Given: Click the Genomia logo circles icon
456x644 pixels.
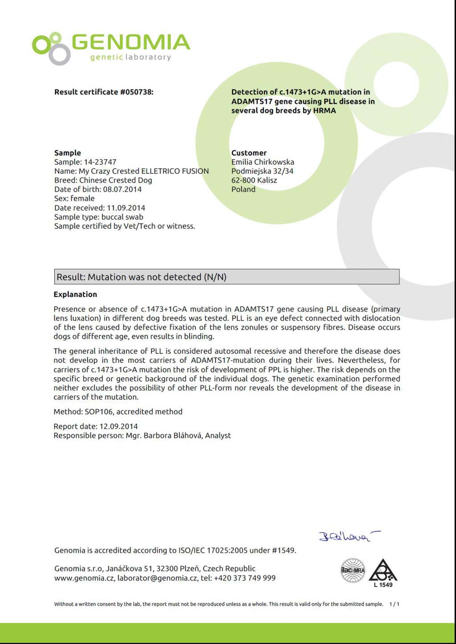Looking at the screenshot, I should pos(51,48).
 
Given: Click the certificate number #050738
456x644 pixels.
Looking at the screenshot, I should pos(136,92).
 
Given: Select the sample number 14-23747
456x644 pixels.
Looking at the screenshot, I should pos(100,162).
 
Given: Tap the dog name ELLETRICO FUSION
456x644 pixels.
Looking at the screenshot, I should pos(175,171).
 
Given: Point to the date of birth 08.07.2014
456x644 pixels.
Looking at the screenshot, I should pos(122,189).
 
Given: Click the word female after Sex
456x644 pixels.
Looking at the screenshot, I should pos(83,198).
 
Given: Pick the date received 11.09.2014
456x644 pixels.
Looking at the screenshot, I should pos(126,208).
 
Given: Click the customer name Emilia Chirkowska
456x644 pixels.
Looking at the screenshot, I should pos(262,162).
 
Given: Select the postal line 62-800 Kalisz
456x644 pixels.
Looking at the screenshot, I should pos(254,180).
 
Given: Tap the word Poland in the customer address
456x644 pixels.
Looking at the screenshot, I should pos(243,189).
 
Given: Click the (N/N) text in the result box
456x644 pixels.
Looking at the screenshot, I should pos(215,277).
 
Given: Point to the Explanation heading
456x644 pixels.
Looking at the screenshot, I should pos(75,294).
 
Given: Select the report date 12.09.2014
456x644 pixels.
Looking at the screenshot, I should pos(118,426).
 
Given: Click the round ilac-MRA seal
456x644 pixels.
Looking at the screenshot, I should pos(353,570).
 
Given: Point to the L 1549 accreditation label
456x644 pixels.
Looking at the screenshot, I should pos(383,585).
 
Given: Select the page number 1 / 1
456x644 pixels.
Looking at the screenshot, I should pos(394,604).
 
